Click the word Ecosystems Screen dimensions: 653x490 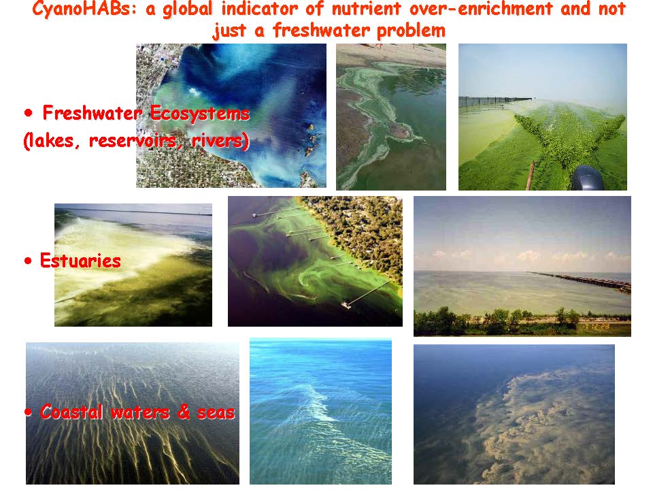click(x=199, y=114)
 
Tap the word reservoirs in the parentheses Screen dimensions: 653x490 click(x=137, y=140)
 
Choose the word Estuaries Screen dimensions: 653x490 click(x=80, y=261)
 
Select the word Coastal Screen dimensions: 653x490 click(x=71, y=412)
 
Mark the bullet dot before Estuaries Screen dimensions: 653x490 click(x=28, y=261)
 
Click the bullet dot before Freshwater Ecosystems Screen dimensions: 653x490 click(x=28, y=113)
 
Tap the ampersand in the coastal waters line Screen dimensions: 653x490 click(x=183, y=412)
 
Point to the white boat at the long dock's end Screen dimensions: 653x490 click(x=346, y=305)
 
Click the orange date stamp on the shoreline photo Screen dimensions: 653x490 click(x=597, y=327)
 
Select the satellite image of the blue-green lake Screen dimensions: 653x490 click(x=231, y=116)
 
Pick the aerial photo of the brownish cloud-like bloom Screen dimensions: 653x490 click(x=514, y=414)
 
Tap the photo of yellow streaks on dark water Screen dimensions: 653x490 click(x=133, y=413)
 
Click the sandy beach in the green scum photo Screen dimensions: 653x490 click(x=391, y=54)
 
